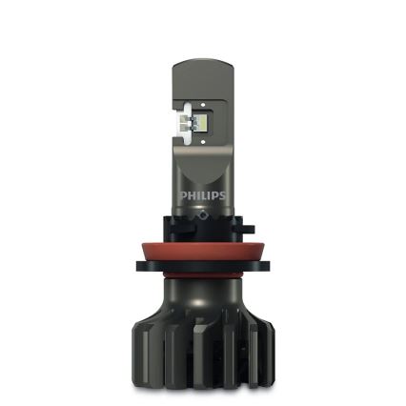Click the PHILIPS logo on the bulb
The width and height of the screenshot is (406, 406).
[202, 196]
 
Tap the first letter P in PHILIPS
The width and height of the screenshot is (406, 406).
[182, 196]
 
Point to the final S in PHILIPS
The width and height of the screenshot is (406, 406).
[222, 196]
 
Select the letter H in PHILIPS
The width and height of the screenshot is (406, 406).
[189, 196]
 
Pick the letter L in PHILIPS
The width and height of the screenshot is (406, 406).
[202, 196]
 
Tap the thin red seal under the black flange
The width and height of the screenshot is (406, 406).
[202, 284]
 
